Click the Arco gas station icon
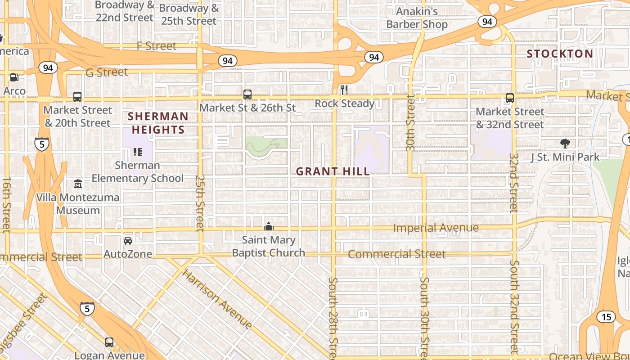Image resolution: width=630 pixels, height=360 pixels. click(x=14, y=77)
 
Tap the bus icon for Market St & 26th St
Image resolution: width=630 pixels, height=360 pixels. click(x=247, y=94)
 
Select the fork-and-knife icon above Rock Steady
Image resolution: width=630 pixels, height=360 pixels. click(x=344, y=90)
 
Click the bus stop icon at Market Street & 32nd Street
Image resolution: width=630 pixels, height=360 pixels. click(x=510, y=98)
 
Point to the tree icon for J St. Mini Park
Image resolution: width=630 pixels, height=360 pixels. click(x=565, y=144)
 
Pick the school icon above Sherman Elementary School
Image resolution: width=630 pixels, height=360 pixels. click(x=137, y=152)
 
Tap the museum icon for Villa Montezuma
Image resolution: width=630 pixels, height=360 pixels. click(x=78, y=184)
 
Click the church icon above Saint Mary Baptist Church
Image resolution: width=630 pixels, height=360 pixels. click(x=269, y=226)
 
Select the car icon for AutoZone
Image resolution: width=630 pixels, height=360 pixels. click(x=128, y=241)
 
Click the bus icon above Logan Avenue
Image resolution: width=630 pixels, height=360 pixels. click(x=109, y=342)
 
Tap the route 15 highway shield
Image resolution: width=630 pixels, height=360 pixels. click(x=606, y=317)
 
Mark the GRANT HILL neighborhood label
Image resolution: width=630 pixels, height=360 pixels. click(x=333, y=171)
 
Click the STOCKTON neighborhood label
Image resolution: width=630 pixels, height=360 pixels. click(x=560, y=54)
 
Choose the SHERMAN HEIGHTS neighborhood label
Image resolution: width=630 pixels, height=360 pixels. click(x=158, y=123)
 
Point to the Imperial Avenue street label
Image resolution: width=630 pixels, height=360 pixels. click(x=436, y=228)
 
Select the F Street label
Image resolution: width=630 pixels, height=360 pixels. click(x=157, y=46)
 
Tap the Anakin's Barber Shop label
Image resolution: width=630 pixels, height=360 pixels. click(x=417, y=18)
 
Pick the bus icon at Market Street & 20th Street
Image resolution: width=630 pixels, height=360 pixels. click(x=77, y=97)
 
